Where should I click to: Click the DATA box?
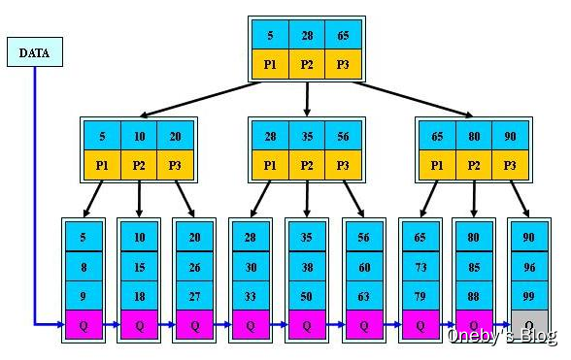[34, 52]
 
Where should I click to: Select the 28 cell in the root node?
[307, 35]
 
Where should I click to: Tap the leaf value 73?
[420, 266]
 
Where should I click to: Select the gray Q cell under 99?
[529, 325]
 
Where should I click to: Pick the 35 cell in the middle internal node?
[307, 137]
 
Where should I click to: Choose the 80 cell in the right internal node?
[473, 137]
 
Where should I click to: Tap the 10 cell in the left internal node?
[140, 137]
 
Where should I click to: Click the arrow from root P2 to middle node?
[307, 98]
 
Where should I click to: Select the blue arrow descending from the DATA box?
[34, 194]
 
